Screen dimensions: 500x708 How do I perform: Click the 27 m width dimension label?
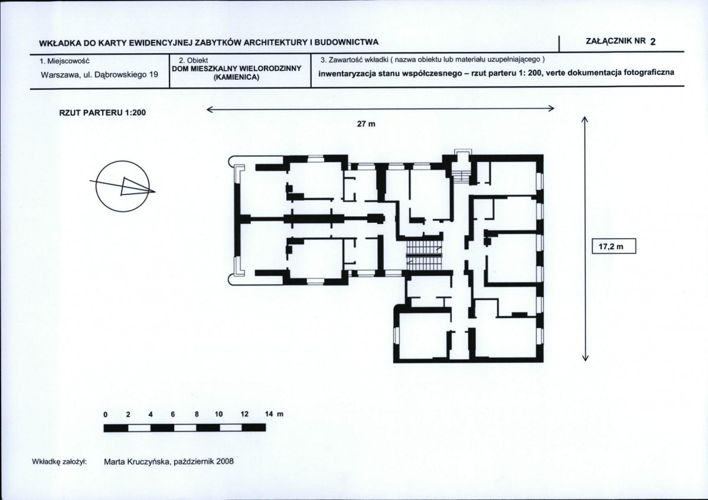tap(366, 125)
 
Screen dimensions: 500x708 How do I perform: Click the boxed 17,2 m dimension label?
tap(612, 246)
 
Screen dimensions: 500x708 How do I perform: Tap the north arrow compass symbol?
tap(122, 186)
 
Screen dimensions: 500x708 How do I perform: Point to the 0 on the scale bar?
tap(105, 414)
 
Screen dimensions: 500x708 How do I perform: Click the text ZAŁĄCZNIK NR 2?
tap(620, 41)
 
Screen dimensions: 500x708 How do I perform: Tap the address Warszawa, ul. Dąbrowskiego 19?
tap(99, 75)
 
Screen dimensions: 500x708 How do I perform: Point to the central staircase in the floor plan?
tap(423, 252)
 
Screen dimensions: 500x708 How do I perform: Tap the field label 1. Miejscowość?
tap(64, 60)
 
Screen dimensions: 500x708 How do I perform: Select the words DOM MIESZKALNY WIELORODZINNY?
tap(237, 69)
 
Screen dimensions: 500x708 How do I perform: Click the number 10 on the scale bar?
tap(218, 414)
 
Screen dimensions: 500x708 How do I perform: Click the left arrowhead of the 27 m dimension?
tap(209, 108)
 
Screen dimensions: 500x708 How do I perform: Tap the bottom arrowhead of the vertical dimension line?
tap(585, 357)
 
